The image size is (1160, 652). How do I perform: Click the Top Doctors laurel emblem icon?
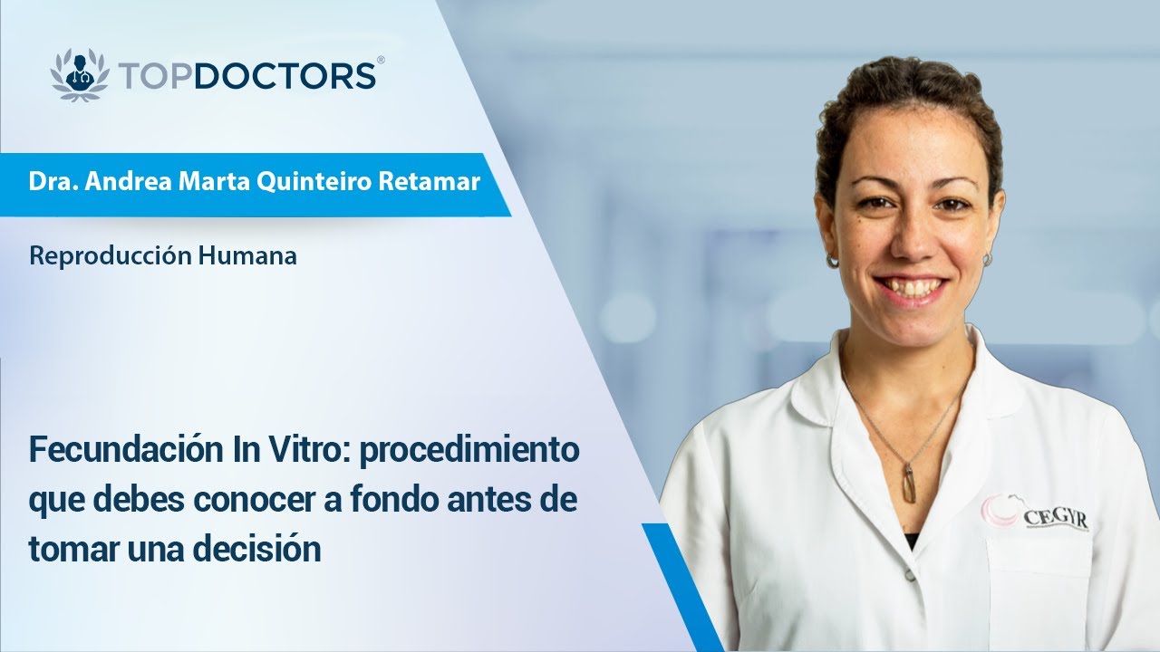coord(80,75)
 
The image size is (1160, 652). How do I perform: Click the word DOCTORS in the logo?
coord(285,76)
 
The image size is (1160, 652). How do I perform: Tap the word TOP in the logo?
coord(154,76)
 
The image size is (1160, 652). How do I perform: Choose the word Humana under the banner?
coord(247,256)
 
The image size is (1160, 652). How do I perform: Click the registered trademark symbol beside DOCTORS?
coord(380,60)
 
